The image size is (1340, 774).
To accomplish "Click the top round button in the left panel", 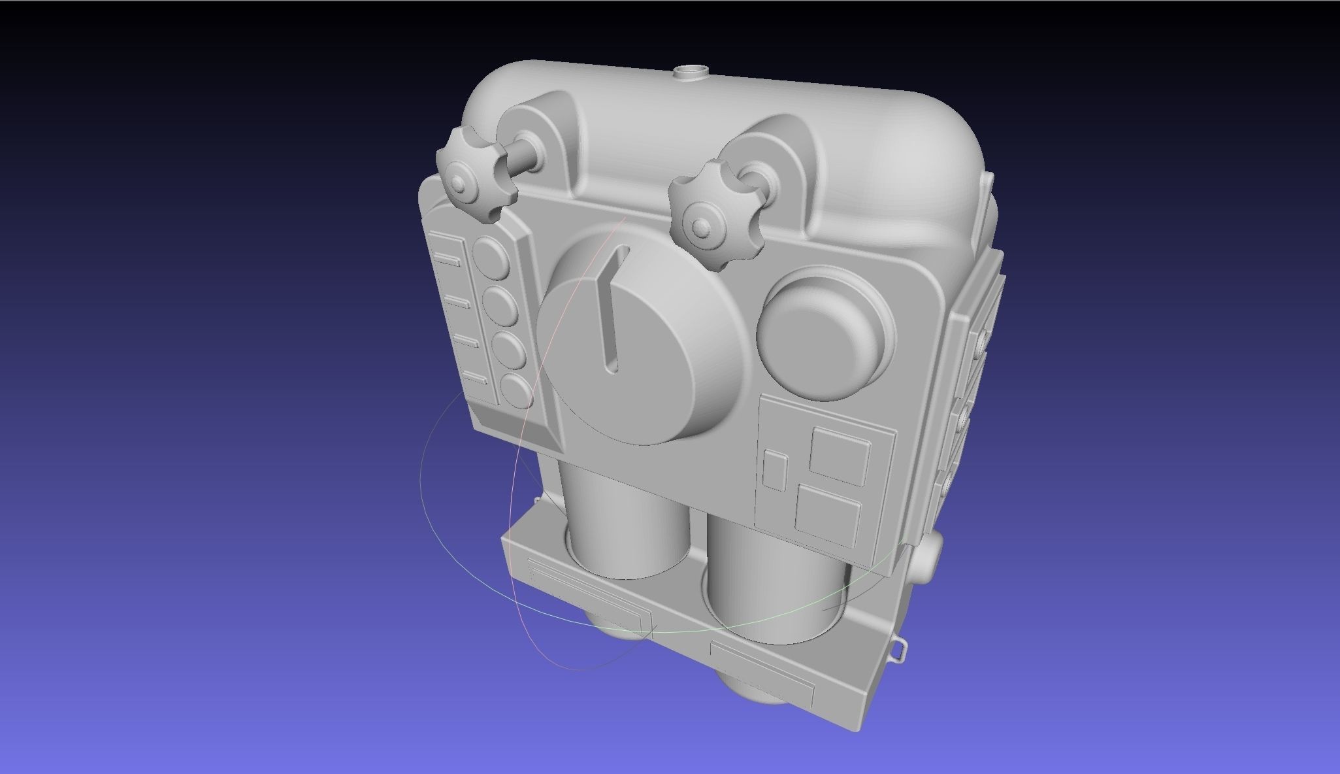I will point(492,256).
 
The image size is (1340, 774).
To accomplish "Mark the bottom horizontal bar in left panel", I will point(475,377).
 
